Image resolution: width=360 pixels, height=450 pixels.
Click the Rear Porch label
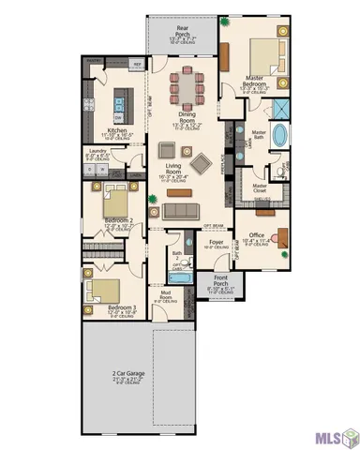click(x=185, y=34)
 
